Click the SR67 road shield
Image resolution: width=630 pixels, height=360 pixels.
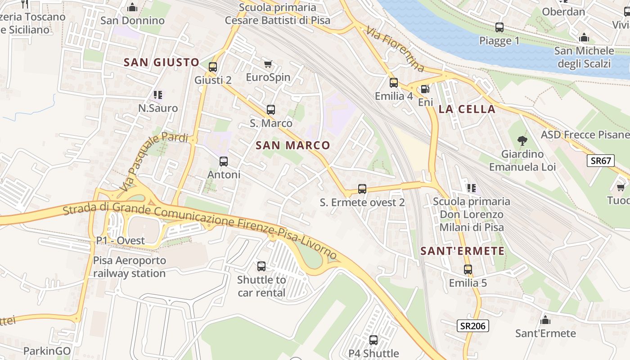(x=600, y=161)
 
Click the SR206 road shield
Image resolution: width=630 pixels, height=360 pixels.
(x=473, y=325)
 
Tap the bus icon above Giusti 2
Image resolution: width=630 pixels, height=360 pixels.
(x=213, y=67)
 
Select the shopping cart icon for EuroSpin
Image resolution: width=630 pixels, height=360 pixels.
(x=268, y=64)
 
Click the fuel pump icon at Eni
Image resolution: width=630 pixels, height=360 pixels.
(x=425, y=89)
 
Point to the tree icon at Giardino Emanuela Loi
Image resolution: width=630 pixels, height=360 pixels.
(x=522, y=141)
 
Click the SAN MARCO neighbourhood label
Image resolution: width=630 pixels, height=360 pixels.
(x=293, y=145)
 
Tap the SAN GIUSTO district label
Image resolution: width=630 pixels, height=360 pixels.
(x=162, y=63)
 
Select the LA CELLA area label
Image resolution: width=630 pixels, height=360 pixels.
(x=467, y=109)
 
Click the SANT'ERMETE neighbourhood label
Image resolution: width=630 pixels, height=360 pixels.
(x=463, y=251)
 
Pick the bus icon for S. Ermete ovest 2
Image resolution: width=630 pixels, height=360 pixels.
(x=362, y=189)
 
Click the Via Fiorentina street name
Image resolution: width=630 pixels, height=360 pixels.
(x=396, y=49)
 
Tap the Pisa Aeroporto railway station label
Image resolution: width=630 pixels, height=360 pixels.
(x=130, y=267)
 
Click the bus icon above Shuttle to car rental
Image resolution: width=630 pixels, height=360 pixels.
(x=261, y=266)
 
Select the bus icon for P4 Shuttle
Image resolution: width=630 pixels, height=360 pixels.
(x=373, y=340)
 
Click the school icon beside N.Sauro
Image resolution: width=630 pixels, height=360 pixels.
(x=157, y=94)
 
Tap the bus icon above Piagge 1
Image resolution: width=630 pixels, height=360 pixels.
(x=499, y=27)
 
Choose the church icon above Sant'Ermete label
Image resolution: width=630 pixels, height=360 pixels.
(x=545, y=320)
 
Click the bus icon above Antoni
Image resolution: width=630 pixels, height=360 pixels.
(x=224, y=161)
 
